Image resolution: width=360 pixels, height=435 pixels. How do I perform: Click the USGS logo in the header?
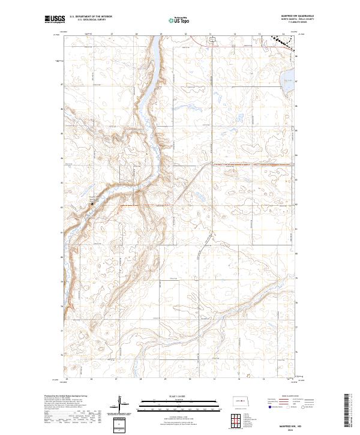(x=55, y=20)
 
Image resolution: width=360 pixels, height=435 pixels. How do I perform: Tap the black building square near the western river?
(x=92, y=204)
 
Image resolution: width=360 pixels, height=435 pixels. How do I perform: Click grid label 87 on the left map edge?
(x=62, y=84)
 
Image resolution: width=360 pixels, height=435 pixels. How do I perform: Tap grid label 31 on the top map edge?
(x=211, y=34)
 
